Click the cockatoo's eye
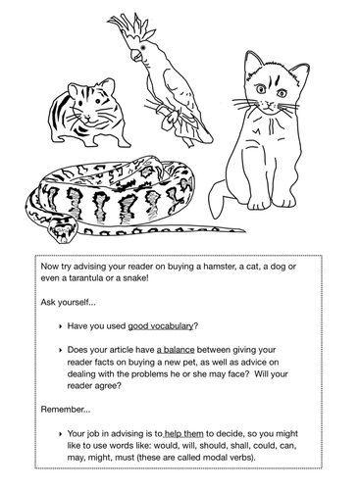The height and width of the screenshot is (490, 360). [x=146, y=47]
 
